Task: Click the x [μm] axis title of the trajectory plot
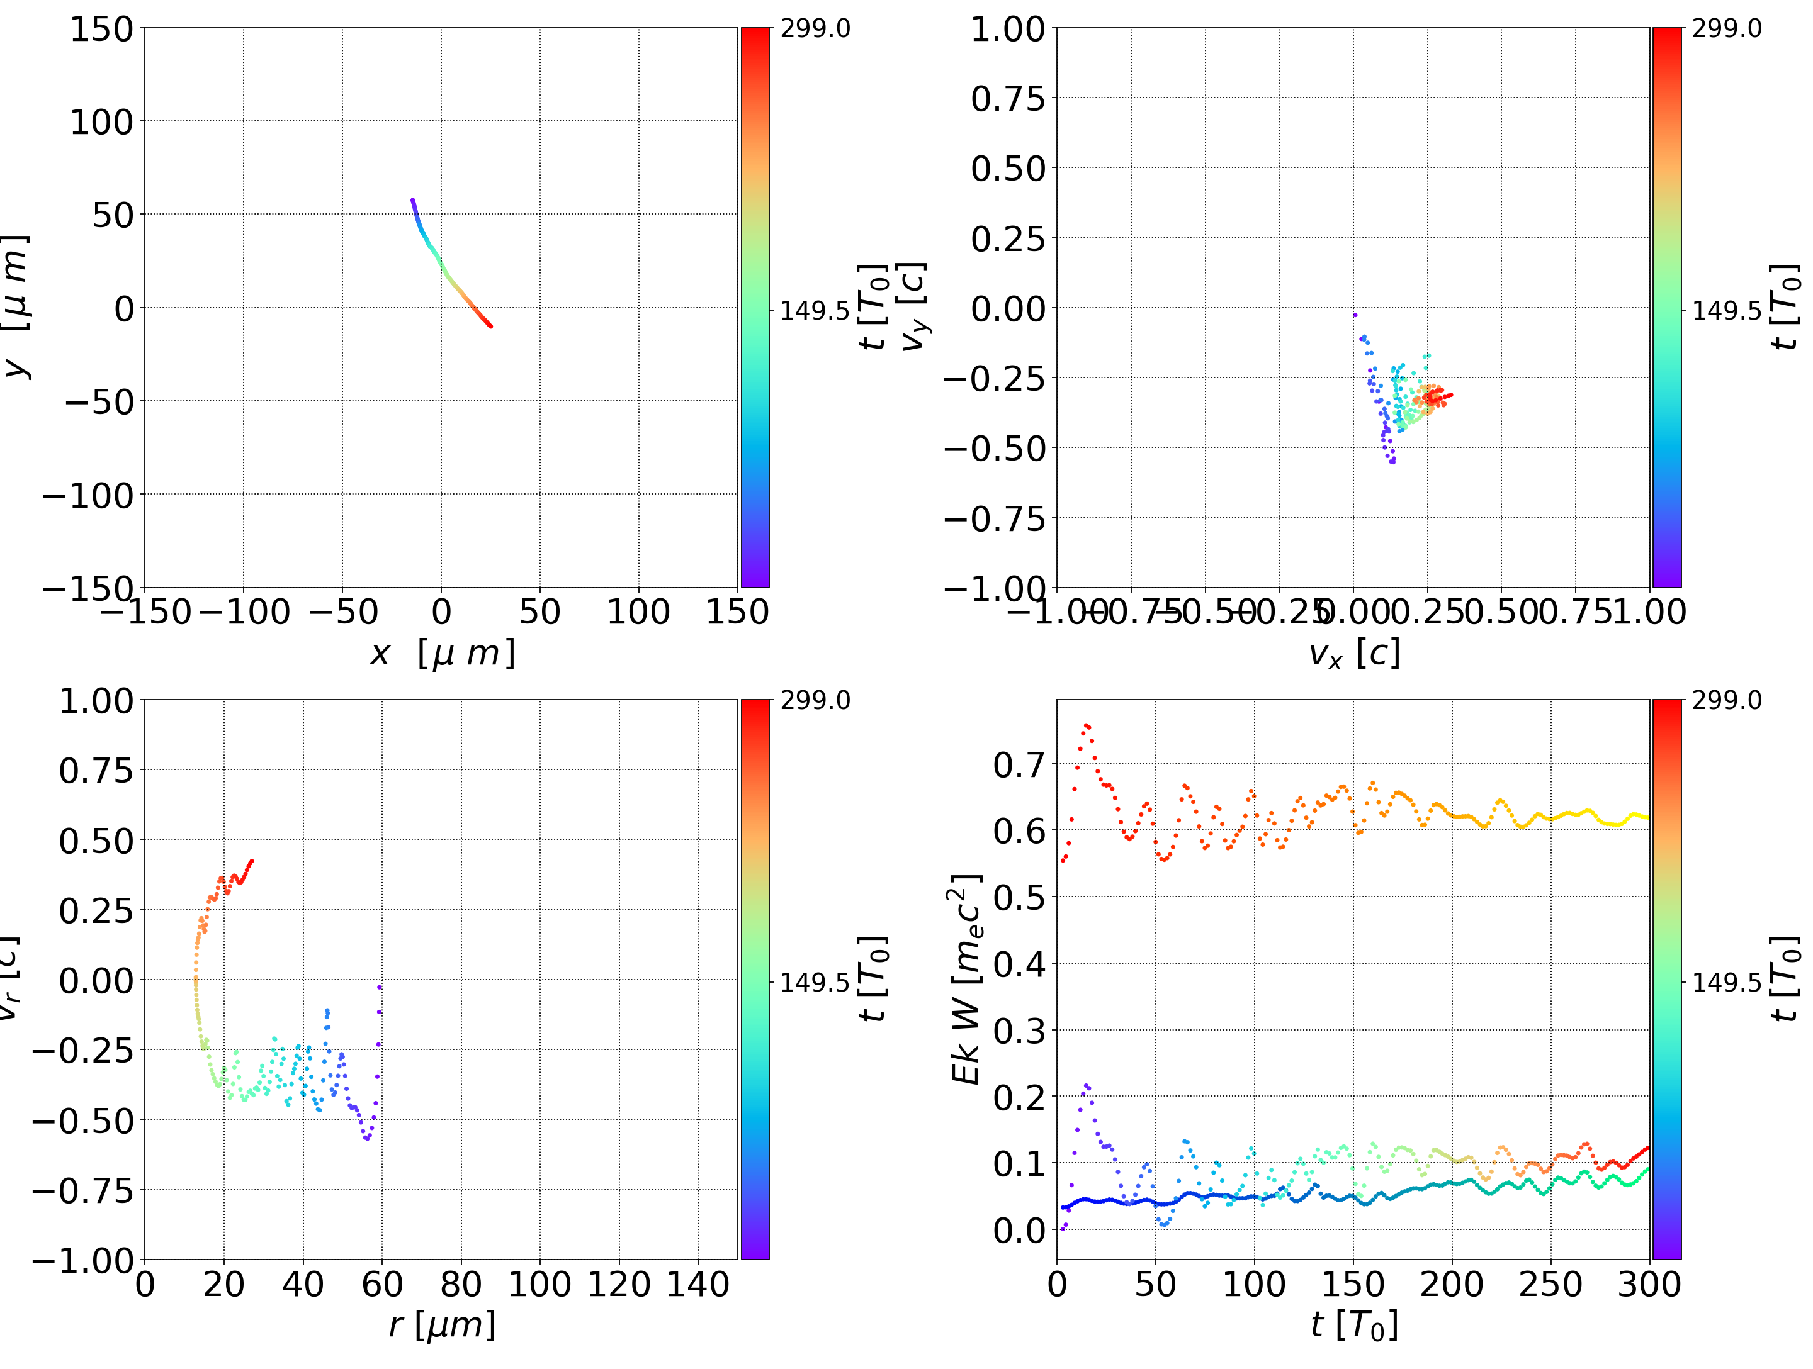[x=442, y=654]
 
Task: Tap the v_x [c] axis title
[x=1353, y=654]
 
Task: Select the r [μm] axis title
[x=442, y=1326]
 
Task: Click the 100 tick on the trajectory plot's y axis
[x=101, y=122]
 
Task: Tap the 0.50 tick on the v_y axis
[x=1008, y=169]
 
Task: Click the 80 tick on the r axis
[x=461, y=1284]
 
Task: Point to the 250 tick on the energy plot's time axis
[x=1550, y=1284]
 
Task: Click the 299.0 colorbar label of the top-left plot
[x=815, y=29]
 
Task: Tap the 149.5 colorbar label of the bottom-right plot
[x=1726, y=981]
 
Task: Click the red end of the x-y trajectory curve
[x=490, y=326]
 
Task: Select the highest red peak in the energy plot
[x=1086, y=724]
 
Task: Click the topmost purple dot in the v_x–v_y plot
[x=1355, y=315]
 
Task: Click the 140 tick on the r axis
[x=698, y=1284]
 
